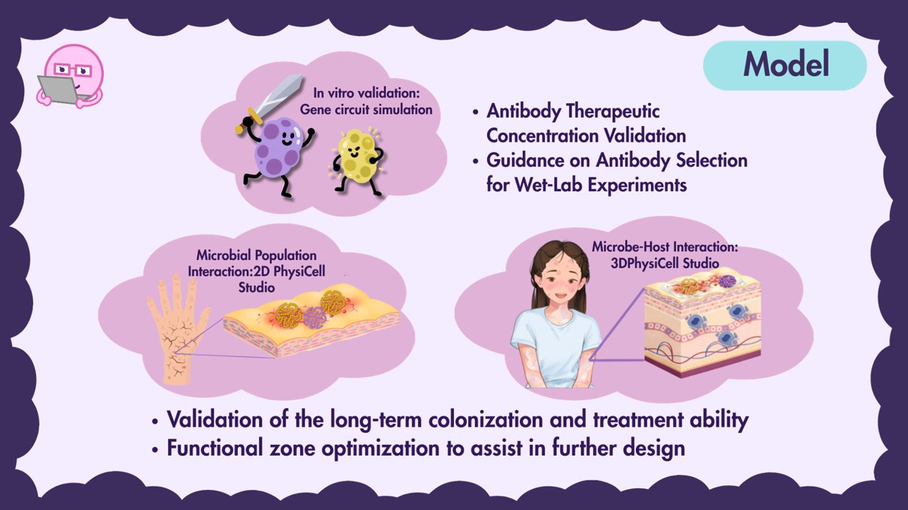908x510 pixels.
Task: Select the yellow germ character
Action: click(x=357, y=160)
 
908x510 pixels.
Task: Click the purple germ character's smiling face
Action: click(x=288, y=138)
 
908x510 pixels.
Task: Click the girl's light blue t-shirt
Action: click(x=556, y=345)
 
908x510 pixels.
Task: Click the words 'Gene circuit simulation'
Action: click(x=366, y=110)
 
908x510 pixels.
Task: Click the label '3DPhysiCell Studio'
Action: click(x=665, y=264)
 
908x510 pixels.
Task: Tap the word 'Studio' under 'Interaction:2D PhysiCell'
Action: click(x=256, y=288)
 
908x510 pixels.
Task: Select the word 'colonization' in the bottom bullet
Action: click(x=486, y=420)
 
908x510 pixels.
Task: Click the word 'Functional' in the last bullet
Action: click(x=215, y=448)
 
